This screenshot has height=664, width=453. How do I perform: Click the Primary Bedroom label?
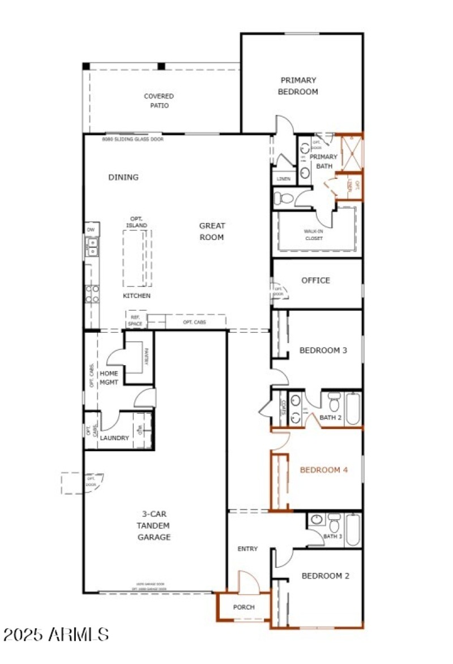point(298,86)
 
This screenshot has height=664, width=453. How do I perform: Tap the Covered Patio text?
point(159,101)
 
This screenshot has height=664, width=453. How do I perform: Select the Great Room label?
point(211,232)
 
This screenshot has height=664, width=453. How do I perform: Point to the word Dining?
point(123,177)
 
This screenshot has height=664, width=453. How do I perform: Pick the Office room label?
point(315,280)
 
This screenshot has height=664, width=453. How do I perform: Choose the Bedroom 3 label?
point(323,350)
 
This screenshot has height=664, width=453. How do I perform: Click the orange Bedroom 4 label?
point(323,470)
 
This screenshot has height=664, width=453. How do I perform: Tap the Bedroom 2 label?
point(325,576)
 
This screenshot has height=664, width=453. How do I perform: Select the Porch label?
point(244,607)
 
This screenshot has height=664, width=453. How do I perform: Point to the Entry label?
point(247,549)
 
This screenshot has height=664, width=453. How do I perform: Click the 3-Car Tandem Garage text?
point(154,525)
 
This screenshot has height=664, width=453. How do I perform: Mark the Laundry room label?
point(115,438)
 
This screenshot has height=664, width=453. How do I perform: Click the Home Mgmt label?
point(109,378)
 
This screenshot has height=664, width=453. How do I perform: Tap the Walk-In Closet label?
point(313,234)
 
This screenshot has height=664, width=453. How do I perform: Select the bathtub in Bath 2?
point(353,408)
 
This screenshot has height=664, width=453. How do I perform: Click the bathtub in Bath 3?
point(353,529)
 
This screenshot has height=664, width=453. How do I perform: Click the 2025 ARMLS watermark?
point(55,634)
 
